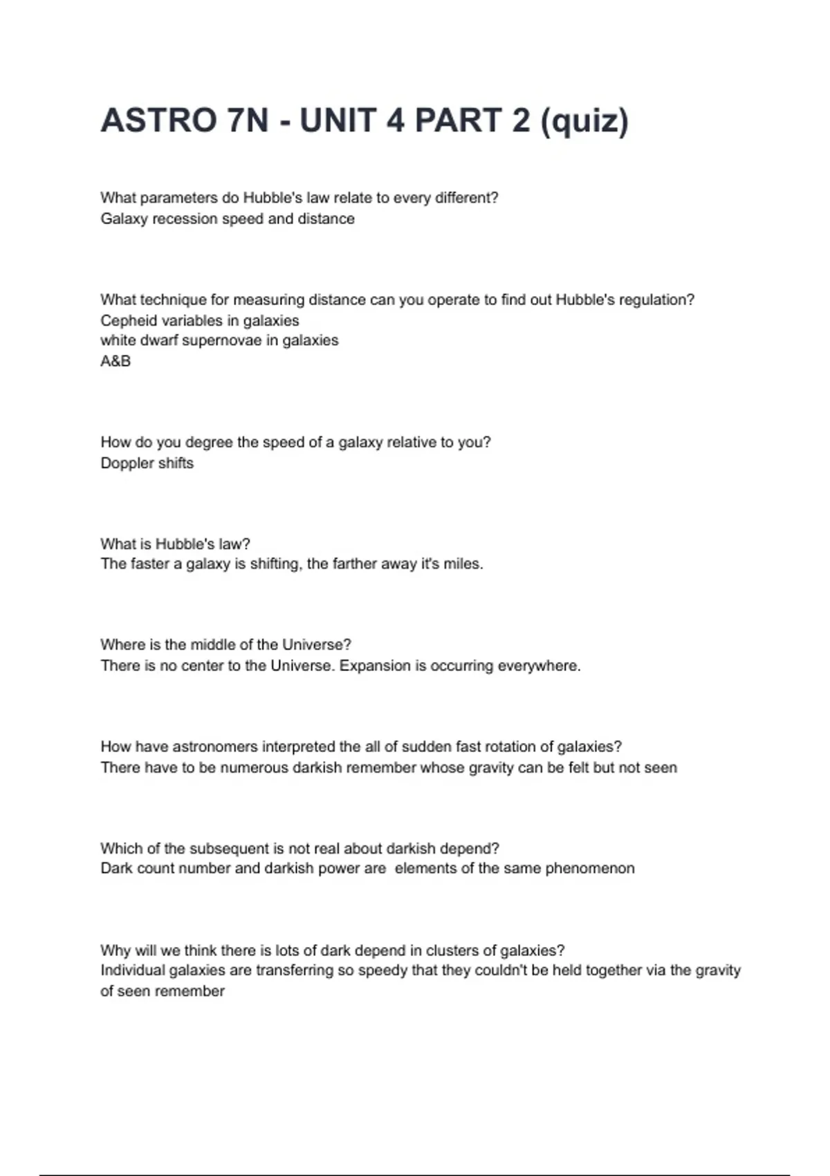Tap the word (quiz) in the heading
point(584,122)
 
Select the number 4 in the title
point(395,120)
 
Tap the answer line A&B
point(116,361)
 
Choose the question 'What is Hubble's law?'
point(175,544)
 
